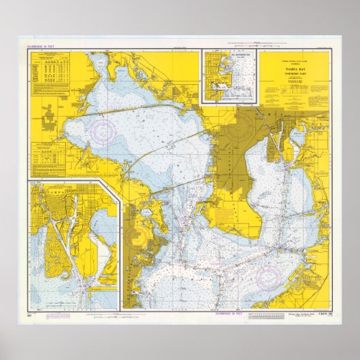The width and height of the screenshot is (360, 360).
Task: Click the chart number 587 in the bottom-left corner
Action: coord(29,315)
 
